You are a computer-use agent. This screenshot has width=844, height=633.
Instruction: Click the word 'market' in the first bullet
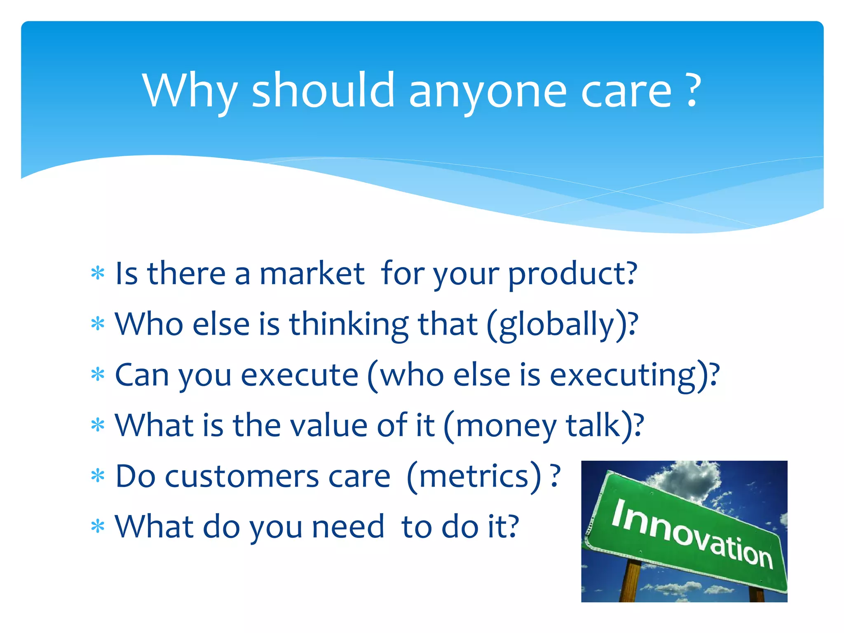(x=312, y=274)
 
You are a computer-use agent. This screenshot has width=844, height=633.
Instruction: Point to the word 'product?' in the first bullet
(x=572, y=274)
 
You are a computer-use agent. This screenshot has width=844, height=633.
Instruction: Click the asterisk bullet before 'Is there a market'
(x=98, y=274)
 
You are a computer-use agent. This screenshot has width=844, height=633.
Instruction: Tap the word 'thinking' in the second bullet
(x=349, y=325)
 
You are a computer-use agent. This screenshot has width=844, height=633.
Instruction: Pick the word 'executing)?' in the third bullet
(x=634, y=376)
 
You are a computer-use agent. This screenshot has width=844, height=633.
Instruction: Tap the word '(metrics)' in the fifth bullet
(x=474, y=477)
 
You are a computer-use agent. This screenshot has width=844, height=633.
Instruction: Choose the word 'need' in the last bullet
(x=348, y=527)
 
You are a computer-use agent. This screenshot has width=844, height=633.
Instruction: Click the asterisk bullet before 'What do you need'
(x=98, y=527)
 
